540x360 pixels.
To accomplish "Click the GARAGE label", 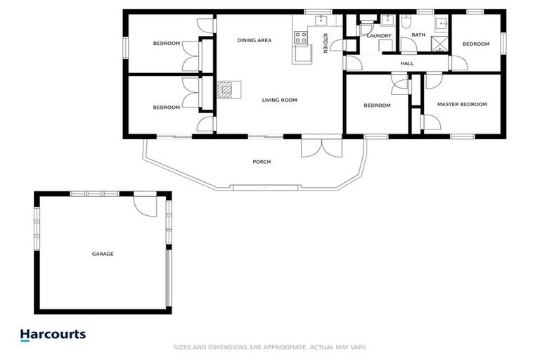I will [102, 254].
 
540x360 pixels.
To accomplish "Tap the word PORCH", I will [262, 162].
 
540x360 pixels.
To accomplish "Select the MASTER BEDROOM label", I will [461, 105].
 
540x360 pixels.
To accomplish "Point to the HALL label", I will [407, 63].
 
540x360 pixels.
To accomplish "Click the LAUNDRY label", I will [379, 35].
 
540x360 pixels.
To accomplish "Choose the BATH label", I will [418, 35].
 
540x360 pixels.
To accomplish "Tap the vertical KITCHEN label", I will [325, 43].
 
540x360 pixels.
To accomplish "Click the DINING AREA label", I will [254, 41].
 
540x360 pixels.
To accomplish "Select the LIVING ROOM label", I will [279, 100].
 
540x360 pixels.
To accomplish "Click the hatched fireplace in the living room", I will [225, 89].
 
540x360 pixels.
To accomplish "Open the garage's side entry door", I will [145, 206].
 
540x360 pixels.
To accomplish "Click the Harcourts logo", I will [53, 335].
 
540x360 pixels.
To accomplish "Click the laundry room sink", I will [387, 20].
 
